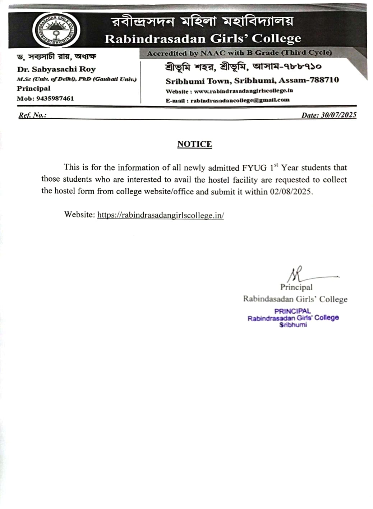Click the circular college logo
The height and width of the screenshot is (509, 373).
tap(56, 30)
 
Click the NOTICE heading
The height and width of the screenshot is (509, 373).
tap(194, 144)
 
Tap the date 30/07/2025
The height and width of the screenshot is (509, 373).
tap(339, 115)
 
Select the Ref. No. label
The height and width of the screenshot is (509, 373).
tap(32, 115)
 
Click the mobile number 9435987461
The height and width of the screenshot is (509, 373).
tap(55, 99)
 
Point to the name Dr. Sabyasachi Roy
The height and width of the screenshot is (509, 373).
tap(56, 69)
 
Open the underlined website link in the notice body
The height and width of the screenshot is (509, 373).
tap(161, 215)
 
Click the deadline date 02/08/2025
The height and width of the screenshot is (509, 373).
tap(291, 191)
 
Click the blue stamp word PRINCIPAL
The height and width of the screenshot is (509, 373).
tap(293, 311)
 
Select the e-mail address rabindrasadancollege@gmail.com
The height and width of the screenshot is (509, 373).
tap(240, 100)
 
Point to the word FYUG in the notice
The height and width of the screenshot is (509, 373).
tap(254, 168)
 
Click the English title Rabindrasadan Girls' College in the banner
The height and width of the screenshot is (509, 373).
tap(203, 39)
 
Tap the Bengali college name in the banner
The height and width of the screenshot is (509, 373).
tap(203, 22)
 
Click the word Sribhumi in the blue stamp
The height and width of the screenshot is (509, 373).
tap(293, 325)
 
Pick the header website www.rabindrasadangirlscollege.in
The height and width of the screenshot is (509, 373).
tap(243, 91)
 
